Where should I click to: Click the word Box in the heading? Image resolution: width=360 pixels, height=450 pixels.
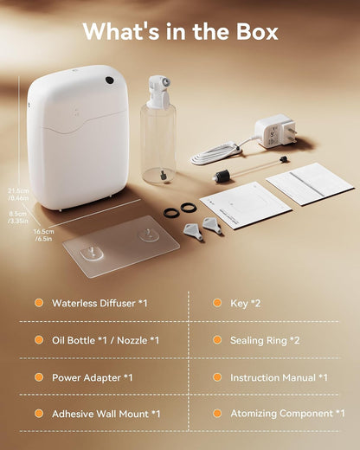pos(257,31)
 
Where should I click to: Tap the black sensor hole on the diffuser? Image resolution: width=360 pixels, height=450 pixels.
pos(109,80)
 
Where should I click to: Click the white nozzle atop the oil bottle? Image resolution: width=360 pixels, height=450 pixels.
pos(158,91)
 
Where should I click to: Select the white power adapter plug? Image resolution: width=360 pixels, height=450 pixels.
pos(275,132)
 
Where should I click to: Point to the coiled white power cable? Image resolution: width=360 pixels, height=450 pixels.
pos(216,154)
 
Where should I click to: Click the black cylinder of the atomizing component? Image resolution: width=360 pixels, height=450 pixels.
pos(222,175)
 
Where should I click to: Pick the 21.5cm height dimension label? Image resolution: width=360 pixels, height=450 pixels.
pos(18,194)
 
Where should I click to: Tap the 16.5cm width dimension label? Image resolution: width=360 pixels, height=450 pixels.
pos(43,235)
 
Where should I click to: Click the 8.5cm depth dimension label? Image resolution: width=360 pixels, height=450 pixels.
pos(18,217)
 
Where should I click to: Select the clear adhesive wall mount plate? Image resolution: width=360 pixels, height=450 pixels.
pos(121,246)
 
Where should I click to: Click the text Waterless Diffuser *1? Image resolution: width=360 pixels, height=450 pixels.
pos(100,303)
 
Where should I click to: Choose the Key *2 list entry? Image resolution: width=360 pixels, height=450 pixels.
pos(245,303)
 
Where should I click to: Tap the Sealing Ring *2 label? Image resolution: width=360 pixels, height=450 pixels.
pos(265,340)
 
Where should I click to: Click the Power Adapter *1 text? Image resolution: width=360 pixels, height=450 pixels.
pos(93,377)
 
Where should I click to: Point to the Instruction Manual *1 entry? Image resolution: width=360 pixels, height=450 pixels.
pos(279,377)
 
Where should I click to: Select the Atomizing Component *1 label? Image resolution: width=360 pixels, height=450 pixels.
pos(287,414)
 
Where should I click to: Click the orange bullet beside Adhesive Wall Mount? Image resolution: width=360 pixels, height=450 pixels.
pos(39,414)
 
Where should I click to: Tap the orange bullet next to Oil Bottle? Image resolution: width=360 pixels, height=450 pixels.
pos(39,340)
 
